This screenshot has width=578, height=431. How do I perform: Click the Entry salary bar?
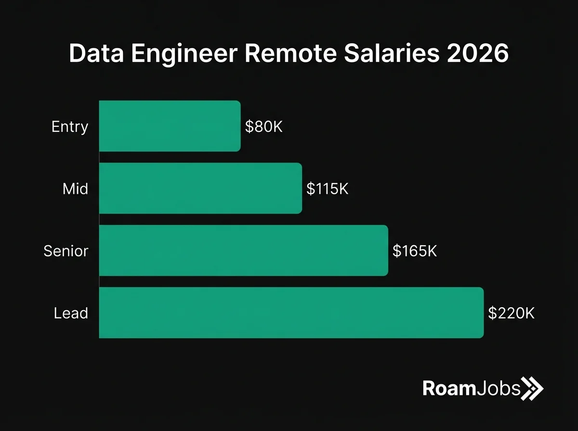point(170,126)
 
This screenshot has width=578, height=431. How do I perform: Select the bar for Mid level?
point(200,188)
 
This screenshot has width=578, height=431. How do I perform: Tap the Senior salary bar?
point(243,250)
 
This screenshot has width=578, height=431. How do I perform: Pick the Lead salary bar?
point(291,313)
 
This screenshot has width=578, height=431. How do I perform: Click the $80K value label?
point(263,127)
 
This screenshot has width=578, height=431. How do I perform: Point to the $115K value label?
point(327,189)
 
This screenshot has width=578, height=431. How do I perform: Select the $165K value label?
point(414,251)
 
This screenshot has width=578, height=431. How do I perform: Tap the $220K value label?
point(511,313)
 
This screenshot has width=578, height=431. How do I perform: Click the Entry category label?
point(70,127)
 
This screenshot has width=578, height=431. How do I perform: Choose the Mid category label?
point(76,189)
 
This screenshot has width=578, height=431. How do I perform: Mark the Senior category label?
point(66,251)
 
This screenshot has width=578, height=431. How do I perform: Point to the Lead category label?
point(71,313)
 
